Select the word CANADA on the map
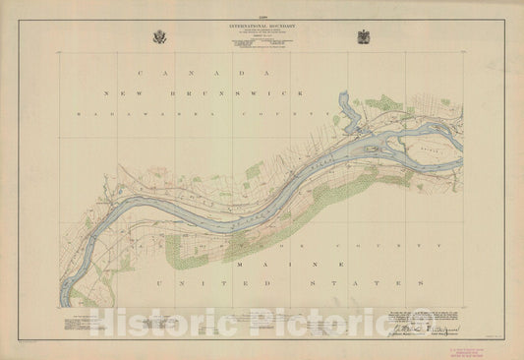click(195, 73)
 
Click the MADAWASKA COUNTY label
click(197, 114)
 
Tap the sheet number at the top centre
click(262, 7)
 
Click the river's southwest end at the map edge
click(67, 296)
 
